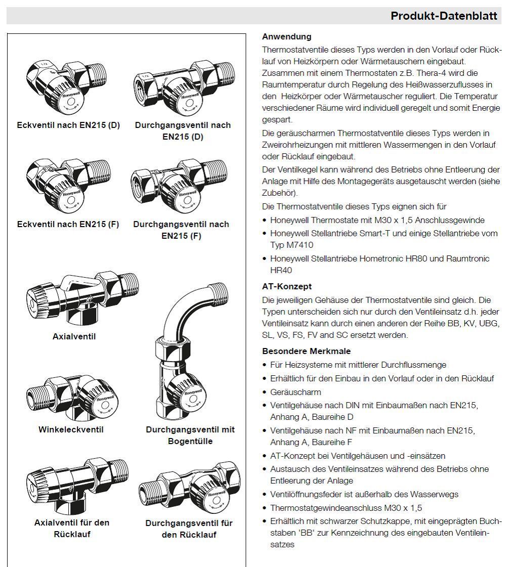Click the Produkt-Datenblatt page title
click(444, 16)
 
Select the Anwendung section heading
click(287, 36)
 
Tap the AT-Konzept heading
click(287, 286)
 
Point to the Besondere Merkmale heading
click(306, 351)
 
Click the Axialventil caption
click(74, 337)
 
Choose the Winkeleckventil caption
click(71, 429)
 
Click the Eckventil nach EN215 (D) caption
click(68, 125)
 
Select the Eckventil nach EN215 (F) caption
click(68, 224)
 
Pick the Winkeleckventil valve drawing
click(72, 397)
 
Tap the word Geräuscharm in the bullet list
click(295, 392)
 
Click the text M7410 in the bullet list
click(300, 245)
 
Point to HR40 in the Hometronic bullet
click(281, 271)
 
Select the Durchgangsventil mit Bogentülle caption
click(190, 435)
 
